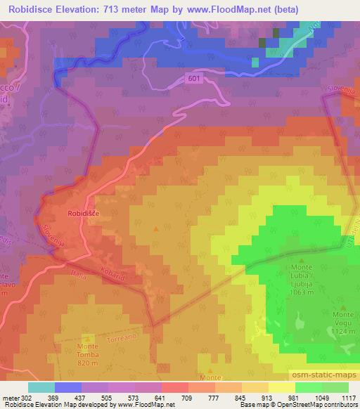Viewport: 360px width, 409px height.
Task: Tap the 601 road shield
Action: click(194, 79)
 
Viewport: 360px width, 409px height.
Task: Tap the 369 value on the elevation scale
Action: click(52, 397)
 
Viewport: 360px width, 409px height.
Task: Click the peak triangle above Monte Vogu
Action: click(342, 307)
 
